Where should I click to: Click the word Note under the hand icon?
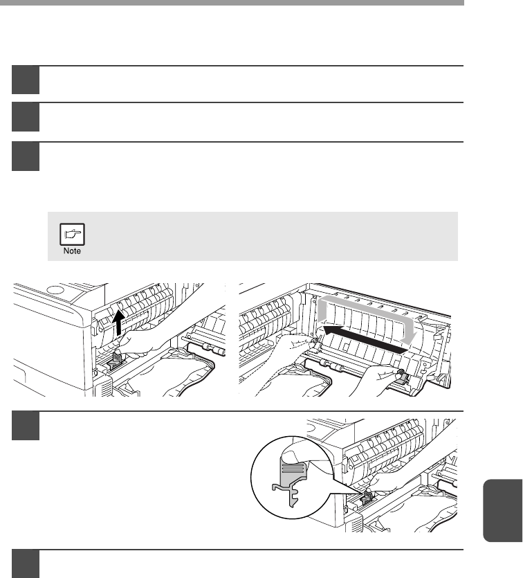72,251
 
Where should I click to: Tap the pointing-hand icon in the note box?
72,234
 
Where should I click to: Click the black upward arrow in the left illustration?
118,322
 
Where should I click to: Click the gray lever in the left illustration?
116,361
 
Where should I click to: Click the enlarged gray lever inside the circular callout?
291,479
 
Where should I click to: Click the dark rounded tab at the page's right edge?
503,510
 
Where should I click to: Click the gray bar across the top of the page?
232,3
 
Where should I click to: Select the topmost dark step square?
26,80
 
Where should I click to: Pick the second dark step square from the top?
26,117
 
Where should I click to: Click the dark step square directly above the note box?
26,156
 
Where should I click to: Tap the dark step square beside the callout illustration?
26,426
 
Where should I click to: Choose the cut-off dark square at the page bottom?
26,564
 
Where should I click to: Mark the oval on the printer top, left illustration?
55,290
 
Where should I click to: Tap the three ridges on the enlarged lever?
293,469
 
